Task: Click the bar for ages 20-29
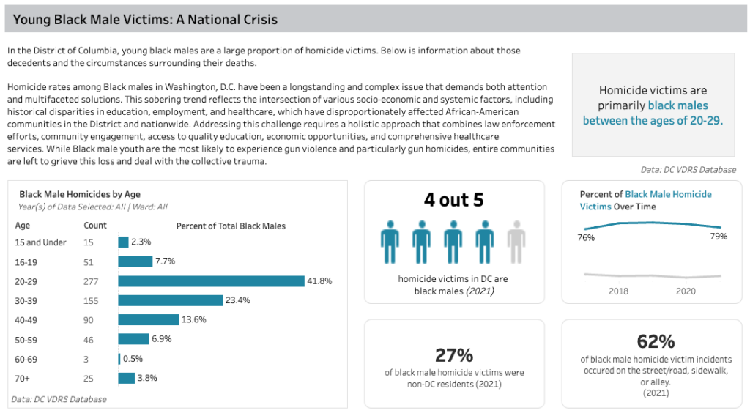tap(212, 281)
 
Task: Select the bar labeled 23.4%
tap(171, 300)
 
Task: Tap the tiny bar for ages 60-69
tap(119, 359)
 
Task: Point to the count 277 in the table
tap(91, 282)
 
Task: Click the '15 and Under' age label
tap(41, 242)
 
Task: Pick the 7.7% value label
tap(165, 261)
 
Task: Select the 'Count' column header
tap(95, 226)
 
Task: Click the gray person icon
tap(516, 242)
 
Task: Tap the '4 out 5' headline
tap(454, 200)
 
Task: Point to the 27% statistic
tap(454, 355)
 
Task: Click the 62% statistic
tap(656, 341)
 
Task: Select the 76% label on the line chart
tap(586, 237)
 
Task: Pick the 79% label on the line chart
tap(719, 237)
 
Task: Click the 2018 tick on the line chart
tap(618, 291)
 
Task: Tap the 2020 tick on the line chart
tap(686, 291)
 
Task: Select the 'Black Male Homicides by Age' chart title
tap(80, 194)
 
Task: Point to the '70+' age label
tap(22, 379)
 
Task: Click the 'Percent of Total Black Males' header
tap(231, 226)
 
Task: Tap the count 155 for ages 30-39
tap(91, 301)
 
